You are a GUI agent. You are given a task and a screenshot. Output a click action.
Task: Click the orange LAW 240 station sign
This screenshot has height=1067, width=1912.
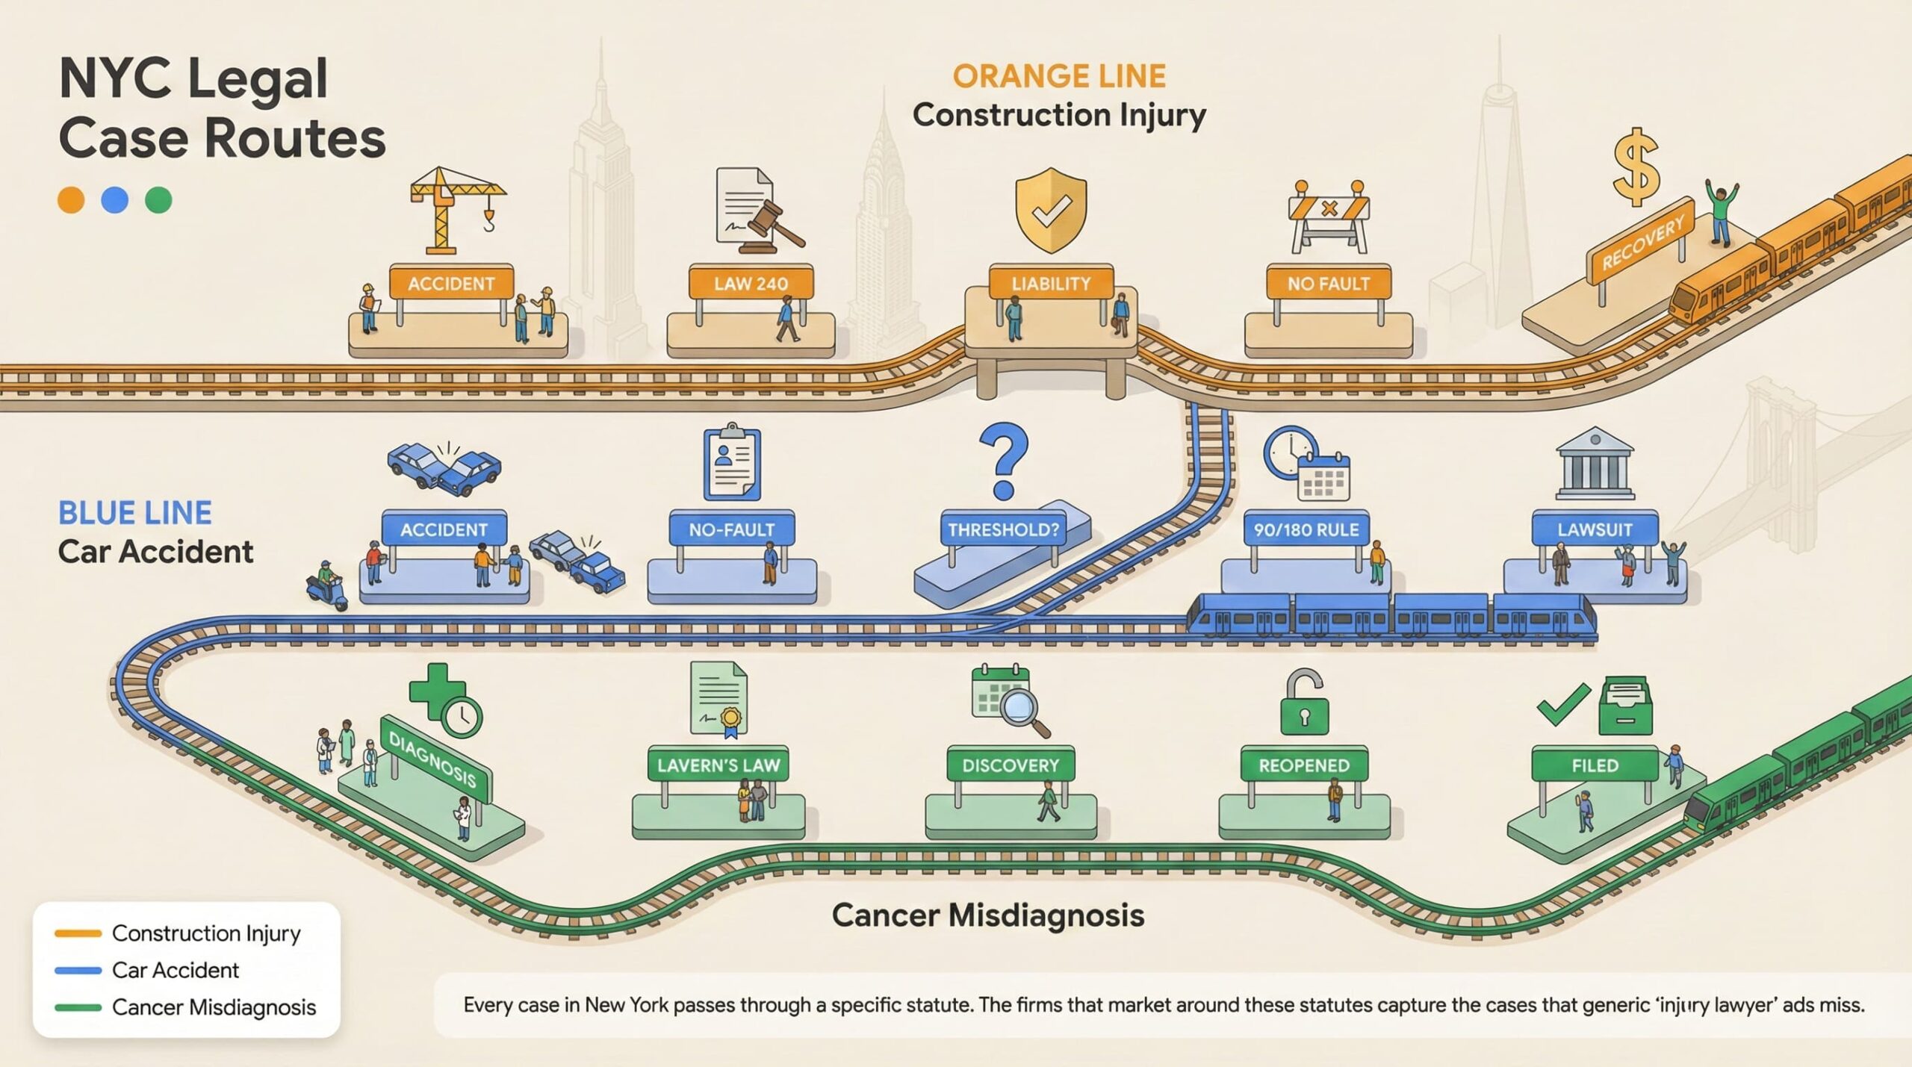click(x=751, y=283)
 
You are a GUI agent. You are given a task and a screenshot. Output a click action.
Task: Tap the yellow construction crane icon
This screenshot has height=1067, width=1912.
click(x=452, y=208)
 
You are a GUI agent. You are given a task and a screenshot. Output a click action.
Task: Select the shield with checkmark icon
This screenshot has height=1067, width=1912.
click(x=1050, y=211)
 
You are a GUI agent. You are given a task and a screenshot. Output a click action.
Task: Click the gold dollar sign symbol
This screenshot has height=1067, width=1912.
click(x=1636, y=167)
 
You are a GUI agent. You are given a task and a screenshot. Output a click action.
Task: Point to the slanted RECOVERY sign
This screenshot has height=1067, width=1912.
click(x=1642, y=241)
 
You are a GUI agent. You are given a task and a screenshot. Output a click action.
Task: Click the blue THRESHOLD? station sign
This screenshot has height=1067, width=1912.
click(x=1003, y=529)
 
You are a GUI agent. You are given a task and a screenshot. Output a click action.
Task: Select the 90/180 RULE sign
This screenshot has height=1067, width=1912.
click(x=1306, y=529)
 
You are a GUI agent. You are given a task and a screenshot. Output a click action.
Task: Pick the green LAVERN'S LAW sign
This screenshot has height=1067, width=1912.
click(x=718, y=765)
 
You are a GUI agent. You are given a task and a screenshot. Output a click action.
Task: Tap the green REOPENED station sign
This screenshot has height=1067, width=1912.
click(x=1304, y=765)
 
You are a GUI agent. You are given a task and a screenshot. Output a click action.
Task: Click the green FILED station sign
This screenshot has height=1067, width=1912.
click(x=1595, y=765)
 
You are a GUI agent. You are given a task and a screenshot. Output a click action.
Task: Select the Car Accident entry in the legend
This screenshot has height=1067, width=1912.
click(x=175, y=970)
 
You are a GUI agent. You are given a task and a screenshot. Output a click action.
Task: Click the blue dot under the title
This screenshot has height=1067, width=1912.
click(x=114, y=200)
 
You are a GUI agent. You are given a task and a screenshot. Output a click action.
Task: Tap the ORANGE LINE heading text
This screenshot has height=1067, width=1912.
click(x=1058, y=76)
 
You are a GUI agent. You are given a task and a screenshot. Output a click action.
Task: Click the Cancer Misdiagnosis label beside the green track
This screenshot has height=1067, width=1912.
click(x=987, y=915)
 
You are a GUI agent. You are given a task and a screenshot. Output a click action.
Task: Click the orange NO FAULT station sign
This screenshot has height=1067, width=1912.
click(x=1328, y=283)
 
